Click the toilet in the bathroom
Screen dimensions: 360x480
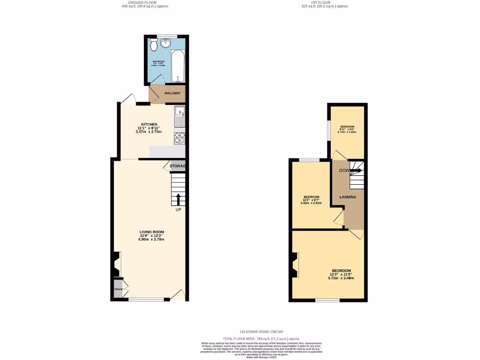pyautogui.click(x=154, y=46)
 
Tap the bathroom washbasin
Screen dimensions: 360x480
pyautogui.click(x=165, y=44)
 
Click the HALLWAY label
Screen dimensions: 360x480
pyautogui.click(x=172, y=93)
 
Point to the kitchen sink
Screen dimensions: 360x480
pyautogui.click(x=180, y=117)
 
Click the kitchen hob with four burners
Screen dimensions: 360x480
pyautogui.click(x=180, y=137)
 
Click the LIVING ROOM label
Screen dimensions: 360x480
pyautogui.click(x=151, y=232)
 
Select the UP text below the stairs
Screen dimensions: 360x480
pyautogui.click(x=178, y=210)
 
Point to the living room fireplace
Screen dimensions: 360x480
pyautogui.click(x=115, y=265)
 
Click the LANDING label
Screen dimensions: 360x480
pyautogui.click(x=348, y=197)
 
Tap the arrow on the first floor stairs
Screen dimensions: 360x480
pyautogui.click(x=355, y=171)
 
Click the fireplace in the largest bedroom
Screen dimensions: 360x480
pyautogui.click(x=295, y=265)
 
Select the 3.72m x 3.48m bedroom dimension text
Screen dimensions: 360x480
pyautogui.click(x=341, y=278)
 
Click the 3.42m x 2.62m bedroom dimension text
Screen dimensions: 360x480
pyautogui.click(x=312, y=203)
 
